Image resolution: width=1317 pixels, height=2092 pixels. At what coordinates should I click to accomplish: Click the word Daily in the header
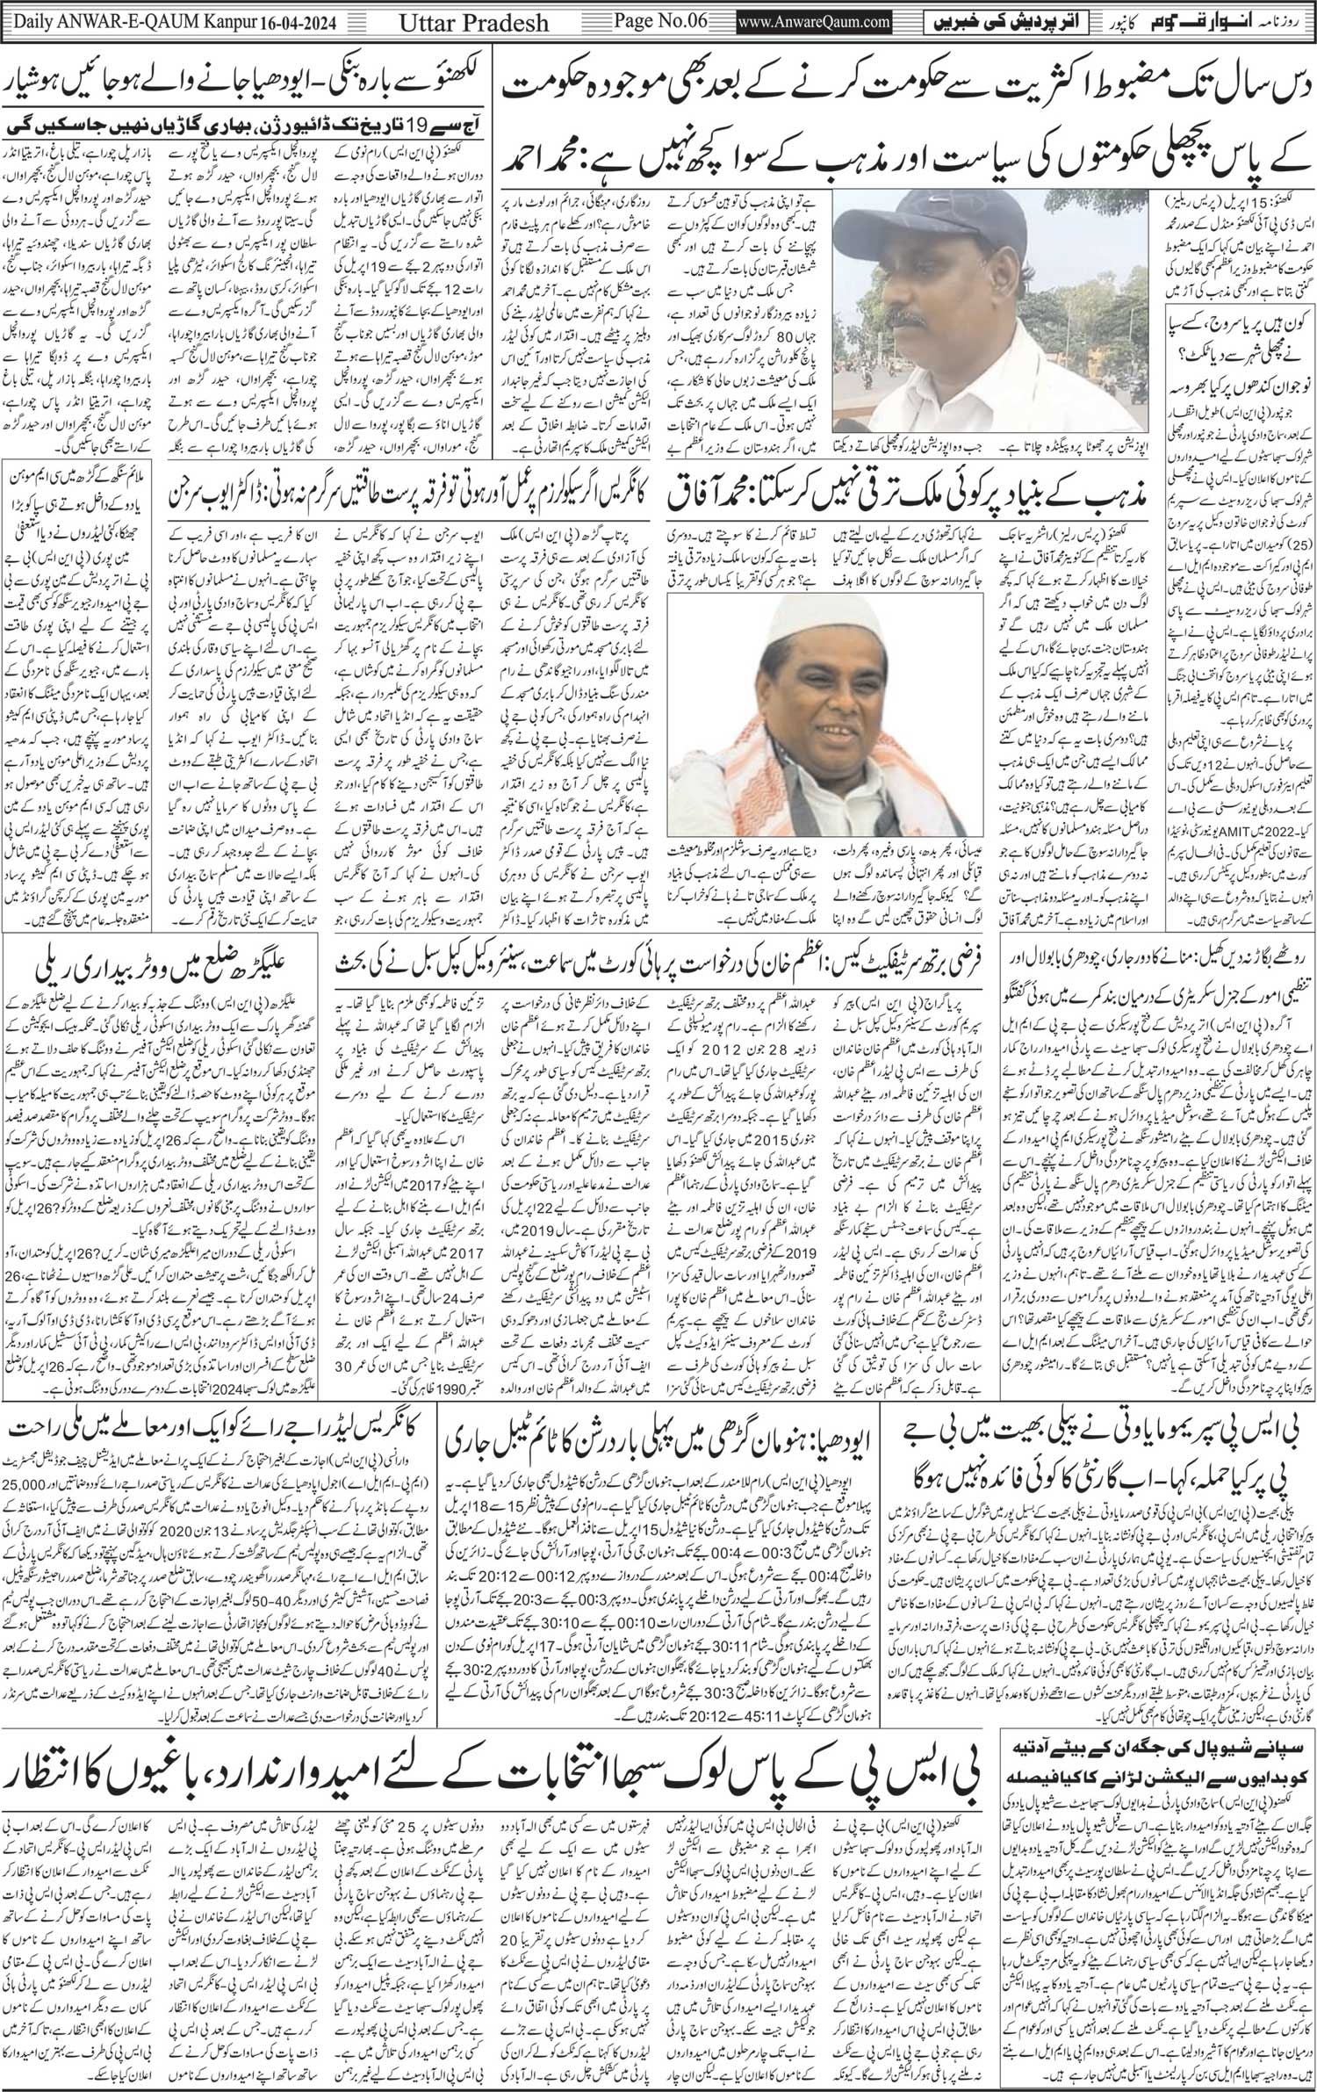[x=29, y=18]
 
